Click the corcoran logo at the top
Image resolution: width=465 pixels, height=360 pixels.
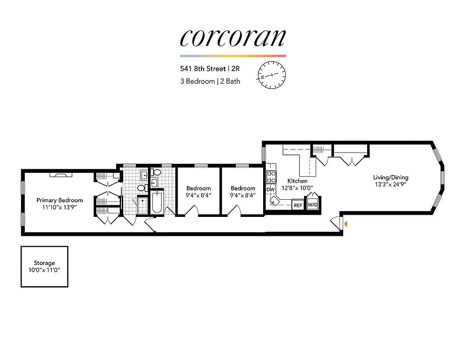[x=232, y=38]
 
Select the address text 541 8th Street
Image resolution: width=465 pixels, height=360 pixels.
[x=202, y=69]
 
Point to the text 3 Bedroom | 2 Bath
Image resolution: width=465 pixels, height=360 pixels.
[x=210, y=81]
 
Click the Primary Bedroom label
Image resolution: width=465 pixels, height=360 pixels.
[x=60, y=200]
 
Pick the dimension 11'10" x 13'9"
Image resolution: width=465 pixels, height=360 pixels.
[x=60, y=207]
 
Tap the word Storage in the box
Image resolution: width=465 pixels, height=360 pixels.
[x=45, y=263]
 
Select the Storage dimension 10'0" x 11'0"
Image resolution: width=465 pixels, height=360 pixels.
[x=45, y=270]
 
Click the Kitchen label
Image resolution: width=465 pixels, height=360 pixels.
[x=297, y=181]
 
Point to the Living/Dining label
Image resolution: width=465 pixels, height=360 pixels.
[x=390, y=177]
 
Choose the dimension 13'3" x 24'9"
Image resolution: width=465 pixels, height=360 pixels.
[x=390, y=184]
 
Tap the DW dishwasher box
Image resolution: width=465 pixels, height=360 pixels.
[x=270, y=189]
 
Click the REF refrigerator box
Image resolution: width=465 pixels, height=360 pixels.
[x=298, y=205]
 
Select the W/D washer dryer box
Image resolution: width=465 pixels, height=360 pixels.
[x=312, y=205]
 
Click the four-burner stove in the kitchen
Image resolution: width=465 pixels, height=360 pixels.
[x=271, y=177]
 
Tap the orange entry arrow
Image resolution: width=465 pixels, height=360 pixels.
[x=345, y=223]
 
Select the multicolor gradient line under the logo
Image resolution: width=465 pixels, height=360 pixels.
[x=232, y=56]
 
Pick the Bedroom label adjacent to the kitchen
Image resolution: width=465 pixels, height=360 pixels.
[x=243, y=189]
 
